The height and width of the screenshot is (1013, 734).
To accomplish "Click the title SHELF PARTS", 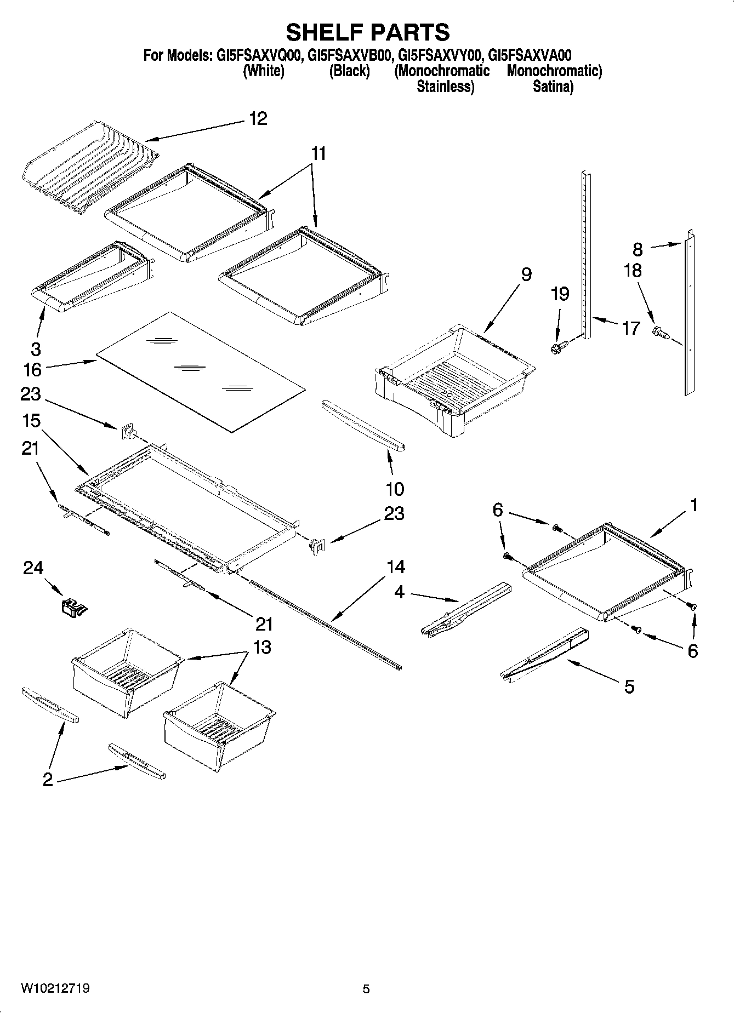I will pyautogui.click(x=367, y=32).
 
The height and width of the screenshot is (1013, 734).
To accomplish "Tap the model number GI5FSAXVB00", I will pyautogui.click(x=349, y=55).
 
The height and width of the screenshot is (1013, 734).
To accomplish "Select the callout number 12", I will pyautogui.click(x=258, y=118).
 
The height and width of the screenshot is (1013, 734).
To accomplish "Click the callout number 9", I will pyautogui.click(x=526, y=274).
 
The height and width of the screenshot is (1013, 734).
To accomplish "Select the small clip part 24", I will pyautogui.click(x=73, y=607).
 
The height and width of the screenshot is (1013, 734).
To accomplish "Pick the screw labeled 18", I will pyautogui.click(x=660, y=332).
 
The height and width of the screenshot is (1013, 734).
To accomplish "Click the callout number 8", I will pyautogui.click(x=638, y=249).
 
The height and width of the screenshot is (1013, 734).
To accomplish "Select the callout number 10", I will pyautogui.click(x=395, y=488).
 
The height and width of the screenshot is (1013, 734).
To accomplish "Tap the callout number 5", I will pyautogui.click(x=629, y=686).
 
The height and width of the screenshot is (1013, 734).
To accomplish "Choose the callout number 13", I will pyautogui.click(x=263, y=647).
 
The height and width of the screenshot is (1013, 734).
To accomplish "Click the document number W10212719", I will pyautogui.click(x=55, y=988).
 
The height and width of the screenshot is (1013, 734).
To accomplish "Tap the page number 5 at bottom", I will pyautogui.click(x=366, y=989).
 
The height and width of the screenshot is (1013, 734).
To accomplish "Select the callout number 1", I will pyautogui.click(x=693, y=505).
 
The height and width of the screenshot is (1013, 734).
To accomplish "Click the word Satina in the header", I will pyautogui.click(x=552, y=86).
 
